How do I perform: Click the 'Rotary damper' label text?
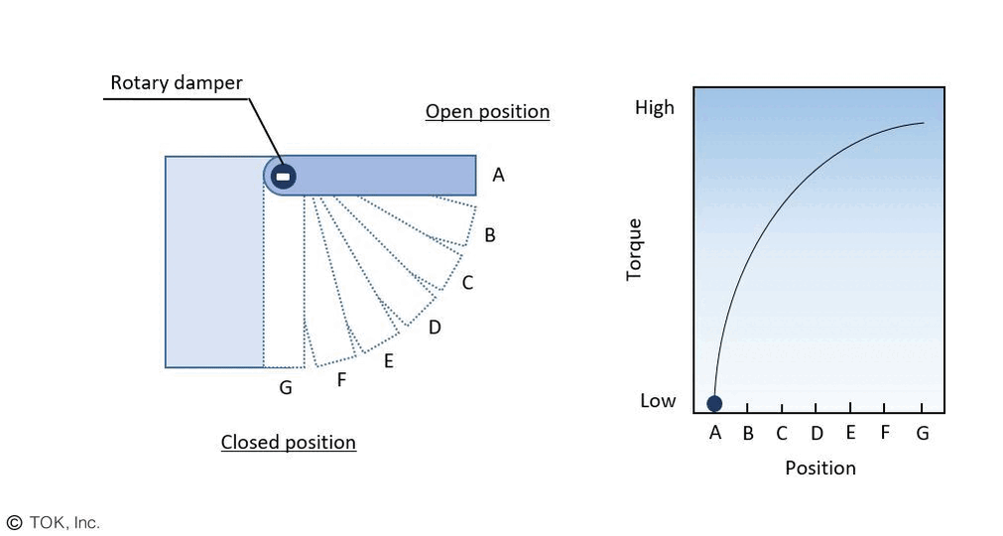pyautogui.click(x=176, y=83)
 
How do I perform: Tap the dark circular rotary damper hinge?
pyautogui.click(x=283, y=177)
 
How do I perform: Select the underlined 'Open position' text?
pyautogui.click(x=487, y=111)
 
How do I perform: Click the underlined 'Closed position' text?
pyautogui.click(x=288, y=442)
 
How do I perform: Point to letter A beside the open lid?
pyautogui.click(x=498, y=176)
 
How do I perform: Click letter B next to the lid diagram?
pyautogui.click(x=490, y=235)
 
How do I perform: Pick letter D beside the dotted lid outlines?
pyautogui.click(x=435, y=327)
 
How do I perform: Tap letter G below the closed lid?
pyautogui.click(x=286, y=388)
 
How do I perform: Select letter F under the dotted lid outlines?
pyautogui.click(x=341, y=378)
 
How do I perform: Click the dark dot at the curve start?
pyautogui.click(x=714, y=403)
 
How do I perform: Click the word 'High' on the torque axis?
pyautogui.click(x=654, y=107)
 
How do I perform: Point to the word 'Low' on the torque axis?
pyautogui.click(x=658, y=400)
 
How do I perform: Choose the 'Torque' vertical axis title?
pyautogui.click(x=635, y=249)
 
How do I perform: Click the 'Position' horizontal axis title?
pyautogui.click(x=820, y=468)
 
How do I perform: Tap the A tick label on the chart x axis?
pyautogui.click(x=715, y=433)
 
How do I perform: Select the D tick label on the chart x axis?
pyautogui.click(x=816, y=433)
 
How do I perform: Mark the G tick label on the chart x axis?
pyautogui.click(x=923, y=433)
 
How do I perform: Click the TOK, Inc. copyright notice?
pyautogui.click(x=54, y=522)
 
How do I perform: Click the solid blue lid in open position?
pyautogui.click(x=387, y=176)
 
